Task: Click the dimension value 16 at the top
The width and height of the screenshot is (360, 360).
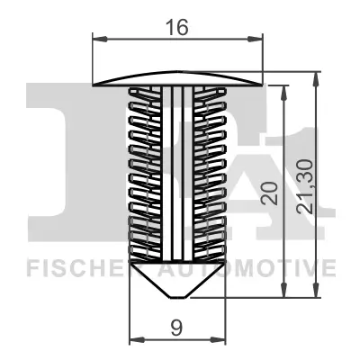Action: [177, 27]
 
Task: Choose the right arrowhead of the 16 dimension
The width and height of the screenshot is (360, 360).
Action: [258, 39]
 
